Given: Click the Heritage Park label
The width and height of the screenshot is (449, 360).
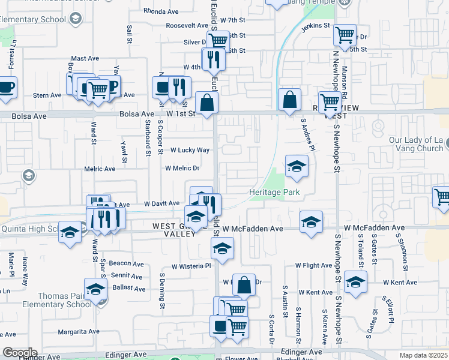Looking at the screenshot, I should point(274,193).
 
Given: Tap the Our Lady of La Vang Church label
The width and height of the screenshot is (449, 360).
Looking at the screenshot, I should point(415,144).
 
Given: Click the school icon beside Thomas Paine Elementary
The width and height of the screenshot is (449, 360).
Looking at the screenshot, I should point(95,290).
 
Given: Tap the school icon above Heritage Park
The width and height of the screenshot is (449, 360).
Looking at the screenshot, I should point(296,167).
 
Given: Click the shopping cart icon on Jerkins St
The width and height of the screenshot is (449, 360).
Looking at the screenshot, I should point(345,35).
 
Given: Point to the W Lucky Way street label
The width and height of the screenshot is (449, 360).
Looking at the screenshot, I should point(190,150).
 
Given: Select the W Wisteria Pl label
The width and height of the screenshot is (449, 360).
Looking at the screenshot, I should point(191,266).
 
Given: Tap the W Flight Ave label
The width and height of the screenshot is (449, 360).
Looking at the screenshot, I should point(313,265).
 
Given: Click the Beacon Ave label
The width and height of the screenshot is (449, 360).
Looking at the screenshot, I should point(127,263).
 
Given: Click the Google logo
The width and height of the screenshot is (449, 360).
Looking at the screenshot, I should point(20,353).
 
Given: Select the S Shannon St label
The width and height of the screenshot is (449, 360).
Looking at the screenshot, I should point(402,250).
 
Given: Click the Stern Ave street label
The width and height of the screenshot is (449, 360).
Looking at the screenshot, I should point(47,95).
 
